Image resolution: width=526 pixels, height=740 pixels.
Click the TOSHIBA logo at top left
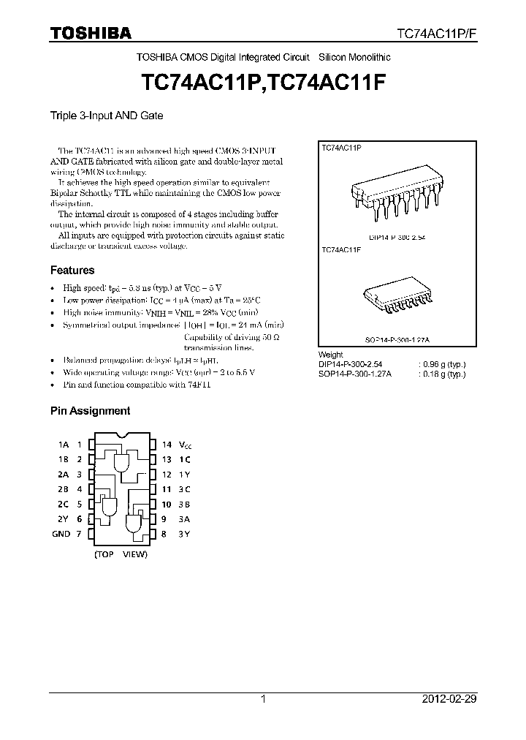[91, 33]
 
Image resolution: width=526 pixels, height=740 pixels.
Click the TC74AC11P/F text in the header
[436, 34]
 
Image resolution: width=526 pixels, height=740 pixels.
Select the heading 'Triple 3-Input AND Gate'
[106, 116]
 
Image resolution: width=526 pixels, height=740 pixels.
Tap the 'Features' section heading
[72, 270]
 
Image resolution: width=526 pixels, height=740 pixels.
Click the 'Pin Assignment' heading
[90, 411]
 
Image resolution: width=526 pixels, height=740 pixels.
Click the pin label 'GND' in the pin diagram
[61, 534]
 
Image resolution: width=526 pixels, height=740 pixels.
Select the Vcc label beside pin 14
[186, 445]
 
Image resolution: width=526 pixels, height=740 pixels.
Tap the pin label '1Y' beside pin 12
[185, 474]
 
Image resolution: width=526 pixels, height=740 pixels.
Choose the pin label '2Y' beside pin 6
[64, 519]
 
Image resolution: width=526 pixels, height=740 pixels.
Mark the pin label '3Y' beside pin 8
[185, 534]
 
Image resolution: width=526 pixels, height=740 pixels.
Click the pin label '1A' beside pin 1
[64, 444]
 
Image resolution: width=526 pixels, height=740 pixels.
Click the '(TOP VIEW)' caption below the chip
[121, 554]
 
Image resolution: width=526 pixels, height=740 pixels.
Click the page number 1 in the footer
[263, 699]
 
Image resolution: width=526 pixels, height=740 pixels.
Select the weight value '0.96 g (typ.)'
[442, 363]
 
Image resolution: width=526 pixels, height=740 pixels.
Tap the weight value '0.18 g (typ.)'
[442, 373]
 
